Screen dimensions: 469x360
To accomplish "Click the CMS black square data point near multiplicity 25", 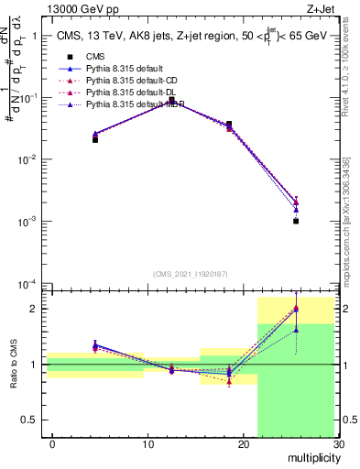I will point(296,221).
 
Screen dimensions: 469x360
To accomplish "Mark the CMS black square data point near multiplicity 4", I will point(95,139).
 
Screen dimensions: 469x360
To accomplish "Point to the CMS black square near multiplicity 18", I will point(229,124).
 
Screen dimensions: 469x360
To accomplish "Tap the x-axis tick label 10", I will point(147,444).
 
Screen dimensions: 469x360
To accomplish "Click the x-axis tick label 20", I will point(243,444).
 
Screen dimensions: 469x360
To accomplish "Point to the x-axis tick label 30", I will point(338,444).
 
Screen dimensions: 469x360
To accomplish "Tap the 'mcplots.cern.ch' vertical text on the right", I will point(351,247).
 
